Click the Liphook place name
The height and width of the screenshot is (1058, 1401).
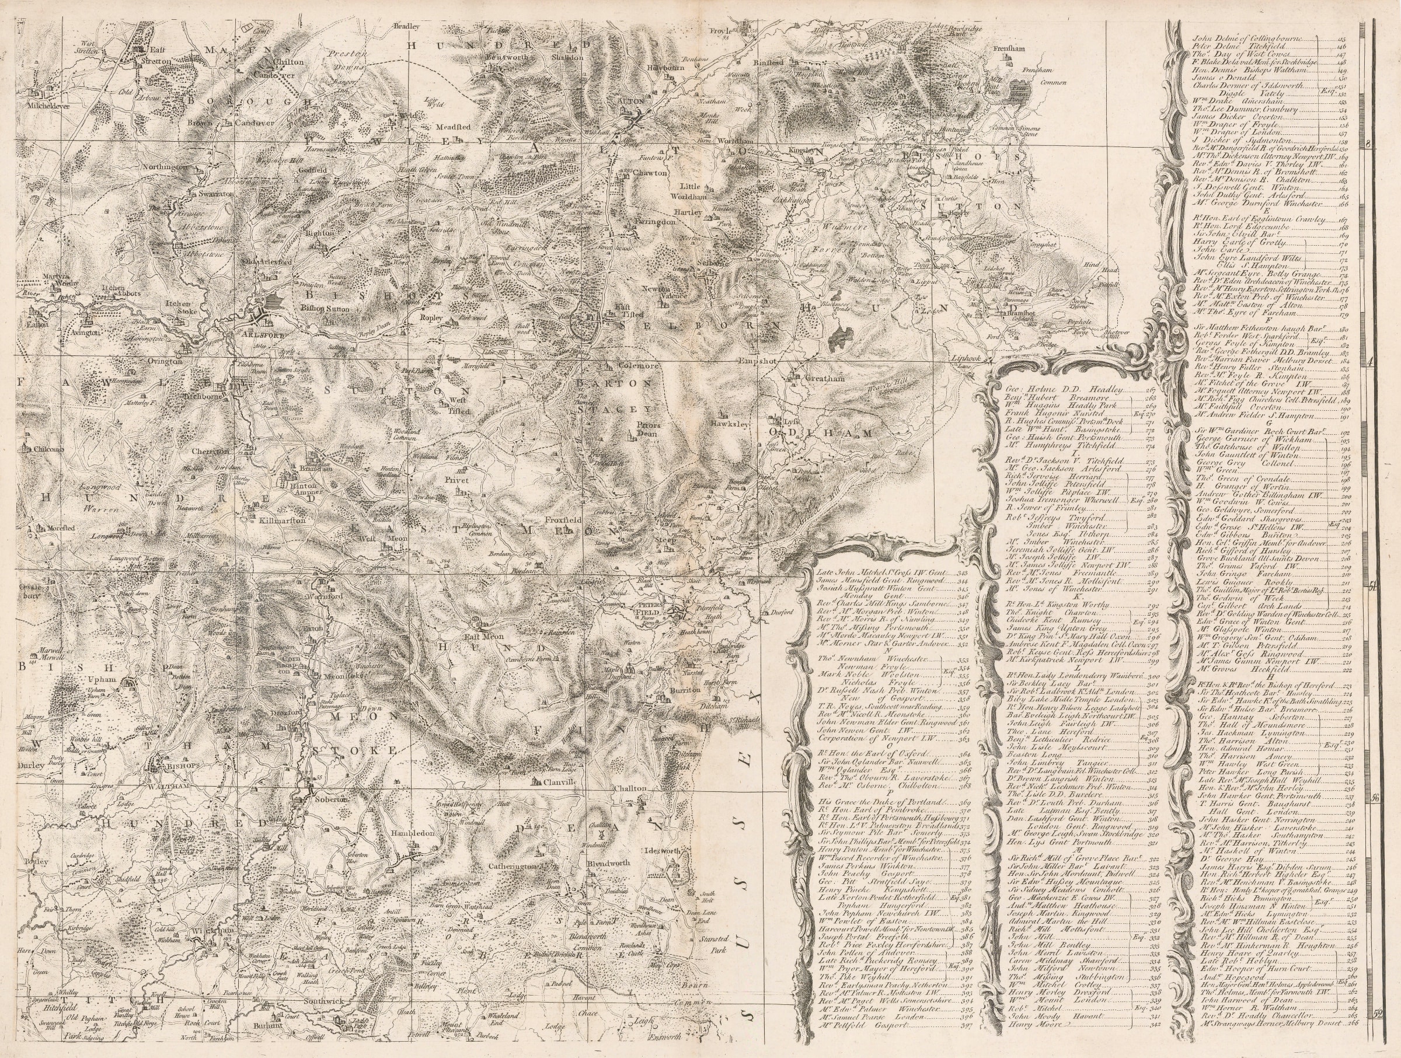pos(966,358)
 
